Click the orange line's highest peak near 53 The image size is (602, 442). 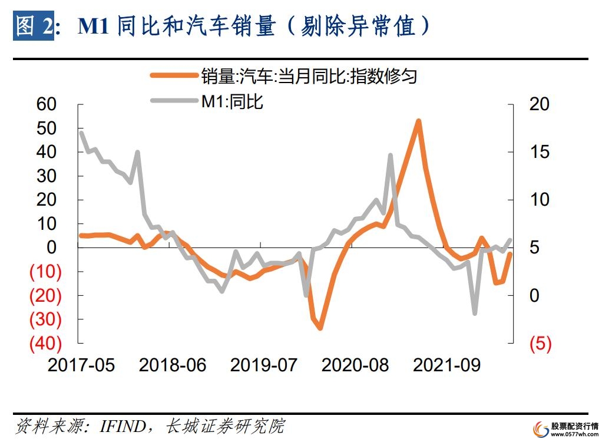point(418,121)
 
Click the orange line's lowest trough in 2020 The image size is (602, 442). point(320,327)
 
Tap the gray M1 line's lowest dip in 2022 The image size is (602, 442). point(474,313)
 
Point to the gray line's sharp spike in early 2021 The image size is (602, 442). point(390,155)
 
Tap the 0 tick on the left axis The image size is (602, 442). point(51,248)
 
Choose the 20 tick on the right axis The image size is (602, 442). point(538,104)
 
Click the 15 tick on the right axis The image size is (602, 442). point(538,152)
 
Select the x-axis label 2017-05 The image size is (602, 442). point(81,365)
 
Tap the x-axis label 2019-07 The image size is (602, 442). point(263,365)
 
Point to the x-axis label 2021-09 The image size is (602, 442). point(446,365)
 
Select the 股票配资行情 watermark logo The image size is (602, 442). point(565,428)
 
